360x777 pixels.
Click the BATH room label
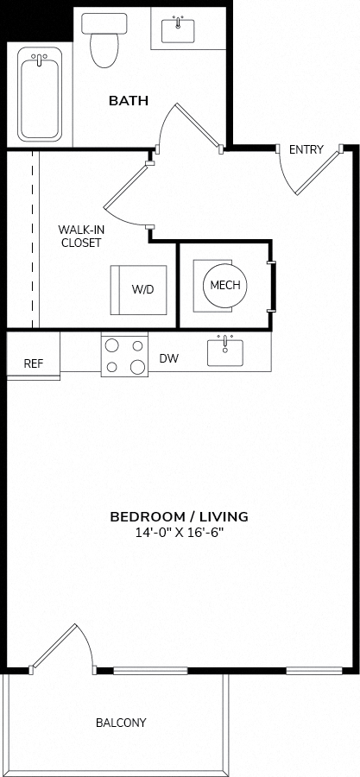129,101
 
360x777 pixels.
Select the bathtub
40,94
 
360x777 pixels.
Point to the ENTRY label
306,149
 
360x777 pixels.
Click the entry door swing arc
285,176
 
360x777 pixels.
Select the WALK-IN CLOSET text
79,237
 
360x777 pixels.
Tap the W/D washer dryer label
142,290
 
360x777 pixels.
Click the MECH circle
225,286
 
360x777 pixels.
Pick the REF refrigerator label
34,363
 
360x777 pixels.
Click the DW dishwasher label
169,358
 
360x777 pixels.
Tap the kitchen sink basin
225,352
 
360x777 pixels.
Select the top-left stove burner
112,344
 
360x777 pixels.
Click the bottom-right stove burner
137,367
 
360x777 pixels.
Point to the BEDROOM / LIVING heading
180,517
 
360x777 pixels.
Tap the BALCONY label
121,723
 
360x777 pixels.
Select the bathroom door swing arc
163,123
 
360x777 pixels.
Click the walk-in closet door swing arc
119,218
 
